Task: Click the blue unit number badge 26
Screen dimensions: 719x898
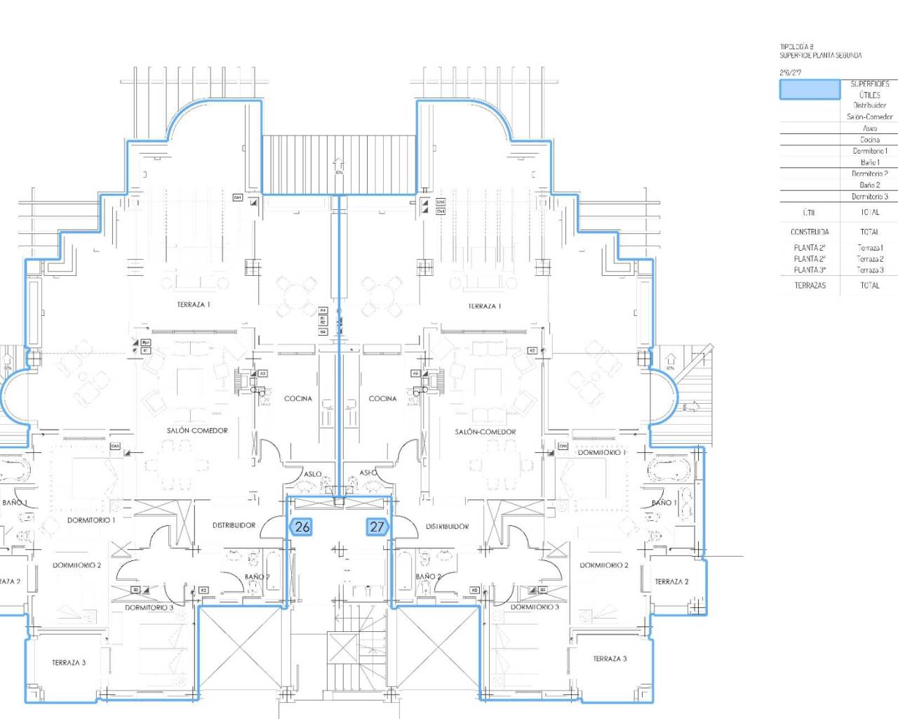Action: pyautogui.click(x=301, y=527)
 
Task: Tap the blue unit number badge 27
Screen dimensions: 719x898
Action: pyautogui.click(x=377, y=527)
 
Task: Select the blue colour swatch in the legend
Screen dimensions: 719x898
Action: pyautogui.click(x=810, y=89)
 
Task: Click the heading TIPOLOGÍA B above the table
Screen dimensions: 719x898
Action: pyautogui.click(x=796, y=47)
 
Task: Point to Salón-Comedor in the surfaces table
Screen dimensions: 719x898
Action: pyautogui.click(x=869, y=117)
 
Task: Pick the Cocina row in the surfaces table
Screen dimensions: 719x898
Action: pyautogui.click(x=869, y=140)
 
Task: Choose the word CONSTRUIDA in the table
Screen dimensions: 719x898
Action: pyautogui.click(x=810, y=232)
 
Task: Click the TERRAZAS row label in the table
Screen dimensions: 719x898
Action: pyautogui.click(x=810, y=286)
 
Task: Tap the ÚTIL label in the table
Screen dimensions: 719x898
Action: pyautogui.click(x=809, y=212)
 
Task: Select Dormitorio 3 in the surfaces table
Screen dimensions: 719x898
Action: pyautogui.click(x=869, y=197)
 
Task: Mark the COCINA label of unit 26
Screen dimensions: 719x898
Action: pyautogui.click(x=298, y=399)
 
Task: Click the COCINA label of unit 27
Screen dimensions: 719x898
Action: pyautogui.click(x=383, y=399)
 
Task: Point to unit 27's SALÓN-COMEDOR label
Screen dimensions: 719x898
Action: pyautogui.click(x=485, y=432)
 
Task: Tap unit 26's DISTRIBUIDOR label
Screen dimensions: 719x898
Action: pyautogui.click(x=234, y=525)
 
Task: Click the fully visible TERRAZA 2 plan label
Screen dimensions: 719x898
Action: pyautogui.click(x=671, y=581)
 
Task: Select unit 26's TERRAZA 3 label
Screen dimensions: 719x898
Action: pyautogui.click(x=69, y=662)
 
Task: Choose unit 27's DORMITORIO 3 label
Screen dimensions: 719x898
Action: pyautogui.click(x=535, y=607)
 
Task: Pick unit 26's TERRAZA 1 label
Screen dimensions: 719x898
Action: pyautogui.click(x=194, y=305)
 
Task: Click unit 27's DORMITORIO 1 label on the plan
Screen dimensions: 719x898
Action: pyautogui.click(x=601, y=453)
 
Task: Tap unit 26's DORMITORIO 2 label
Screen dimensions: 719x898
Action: pyautogui.click(x=76, y=565)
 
